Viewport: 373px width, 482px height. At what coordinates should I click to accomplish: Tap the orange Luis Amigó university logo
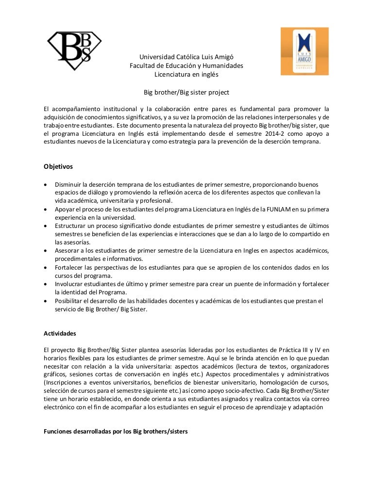(304, 51)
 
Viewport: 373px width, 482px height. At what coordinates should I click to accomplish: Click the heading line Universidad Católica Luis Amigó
(186, 57)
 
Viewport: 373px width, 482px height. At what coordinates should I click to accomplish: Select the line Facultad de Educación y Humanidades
(186, 66)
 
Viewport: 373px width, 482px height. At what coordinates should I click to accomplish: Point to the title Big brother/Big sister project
(186, 92)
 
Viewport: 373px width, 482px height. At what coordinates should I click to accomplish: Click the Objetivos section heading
(58, 166)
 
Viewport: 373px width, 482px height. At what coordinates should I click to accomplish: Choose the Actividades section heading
(60, 334)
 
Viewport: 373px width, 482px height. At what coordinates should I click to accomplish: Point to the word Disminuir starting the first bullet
(69, 184)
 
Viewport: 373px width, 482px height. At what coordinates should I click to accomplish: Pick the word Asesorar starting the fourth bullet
(68, 250)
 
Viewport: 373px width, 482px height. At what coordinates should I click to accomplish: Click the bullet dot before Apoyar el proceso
(46, 209)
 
